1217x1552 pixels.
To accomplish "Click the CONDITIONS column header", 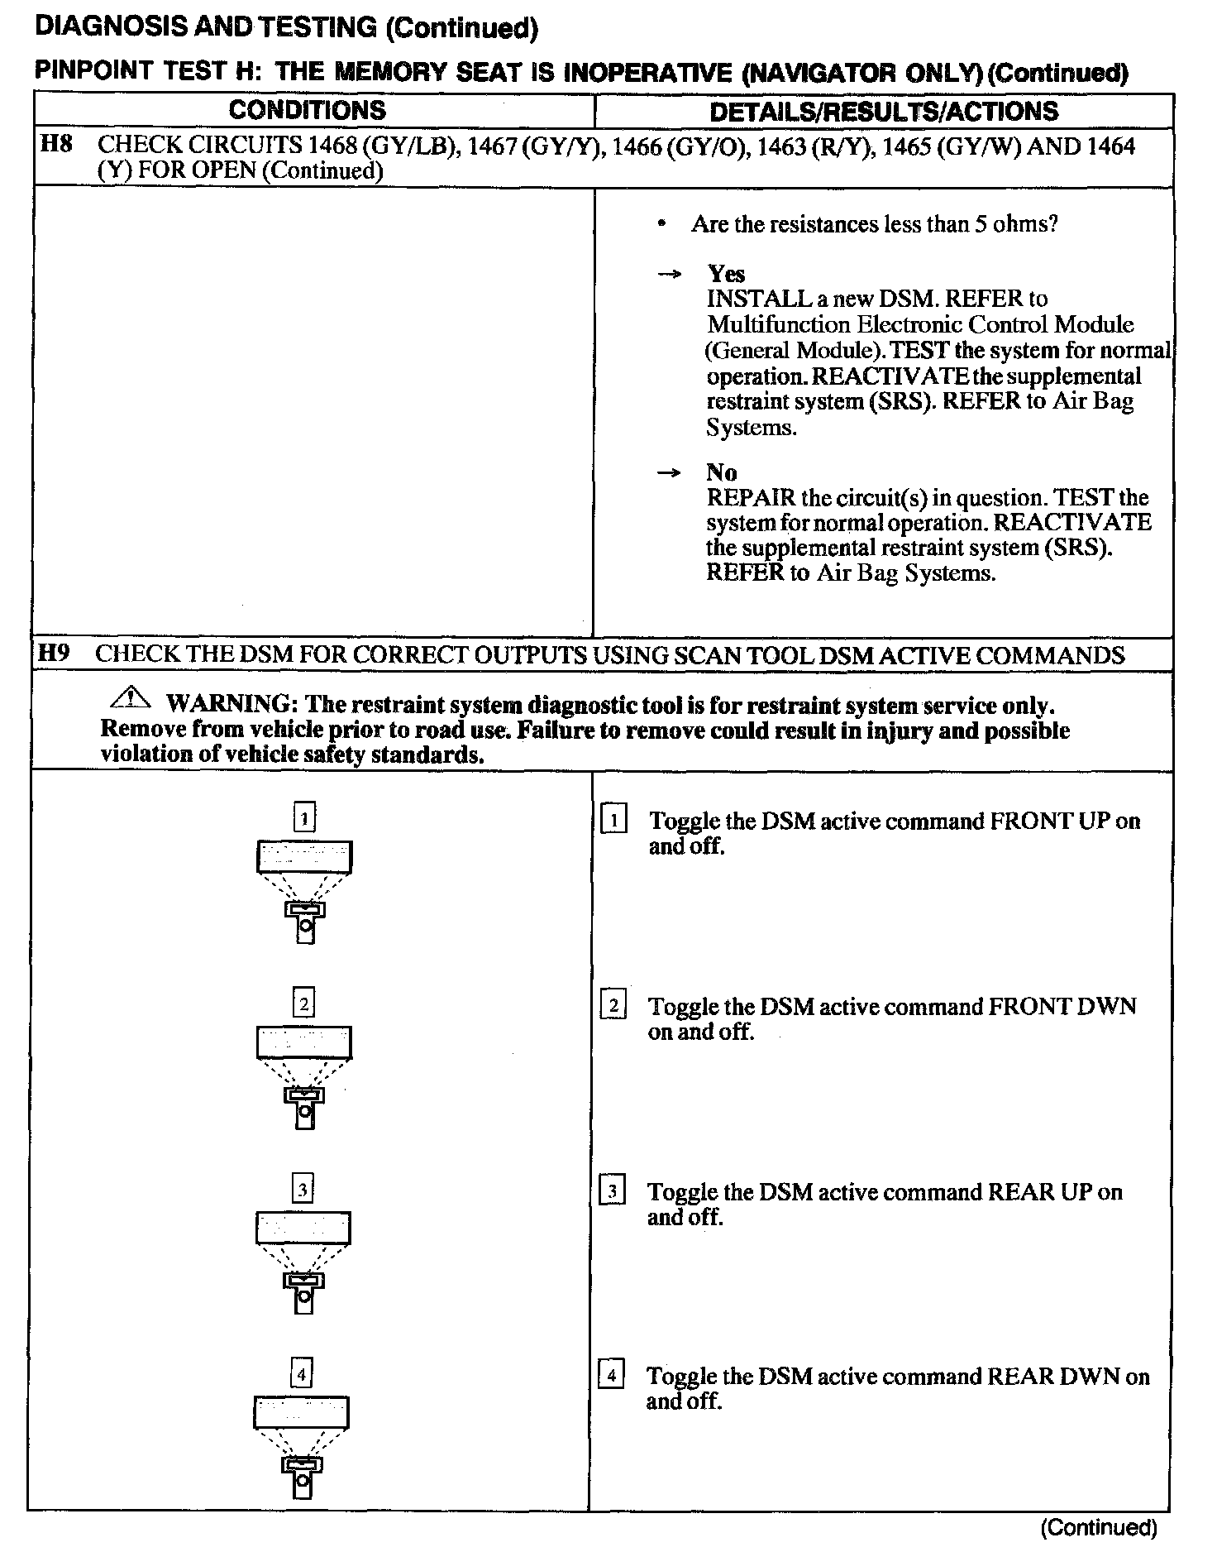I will pyautogui.click(x=307, y=110).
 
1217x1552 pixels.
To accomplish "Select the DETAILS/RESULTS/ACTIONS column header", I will pyautogui.click(x=883, y=111).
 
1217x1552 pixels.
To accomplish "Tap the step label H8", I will pyautogui.click(x=56, y=144).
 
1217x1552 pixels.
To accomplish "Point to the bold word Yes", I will pyautogui.click(x=726, y=274).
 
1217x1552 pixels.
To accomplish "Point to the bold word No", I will pyautogui.click(x=721, y=472).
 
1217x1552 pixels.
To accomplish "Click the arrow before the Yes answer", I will pyautogui.click(x=669, y=275).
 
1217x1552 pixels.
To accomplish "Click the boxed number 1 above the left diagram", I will pyautogui.click(x=305, y=818).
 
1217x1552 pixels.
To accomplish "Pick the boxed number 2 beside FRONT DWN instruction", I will pyautogui.click(x=613, y=1006).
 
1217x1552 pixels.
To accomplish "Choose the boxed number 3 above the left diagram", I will pyautogui.click(x=303, y=1190).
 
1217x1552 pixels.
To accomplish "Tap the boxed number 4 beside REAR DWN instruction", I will pyautogui.click(x=611, y=1376).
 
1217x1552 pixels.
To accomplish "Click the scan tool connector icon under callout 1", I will pyautogui.click(x=305, y=921).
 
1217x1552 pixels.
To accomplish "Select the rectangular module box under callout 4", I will pyautogui.click(x=301, y=1412).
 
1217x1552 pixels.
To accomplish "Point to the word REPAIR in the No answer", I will pyautogui.click(x=751, y=498).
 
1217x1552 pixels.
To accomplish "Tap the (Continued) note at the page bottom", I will pyautogui.click(x=1099, y=1528).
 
